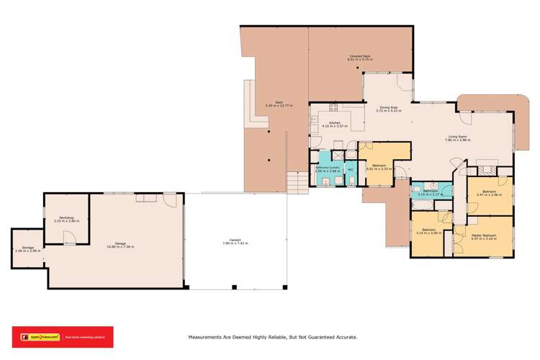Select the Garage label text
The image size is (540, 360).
(x=120, y=243)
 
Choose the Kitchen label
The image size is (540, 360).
(x=334, y=123)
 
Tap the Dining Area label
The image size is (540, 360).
(x=389, y=107)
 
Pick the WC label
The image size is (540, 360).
(x=351, y=169)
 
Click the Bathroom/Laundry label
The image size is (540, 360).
(x=328, y=168)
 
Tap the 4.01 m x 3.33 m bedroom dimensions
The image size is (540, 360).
(x=379, y=169)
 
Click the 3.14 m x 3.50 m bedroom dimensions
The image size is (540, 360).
(x=428, y=233)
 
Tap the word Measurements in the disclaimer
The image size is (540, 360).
(x=212, y=336)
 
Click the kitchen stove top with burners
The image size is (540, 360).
(x=334, y=109)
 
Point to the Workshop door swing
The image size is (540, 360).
(x=68, y=238)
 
